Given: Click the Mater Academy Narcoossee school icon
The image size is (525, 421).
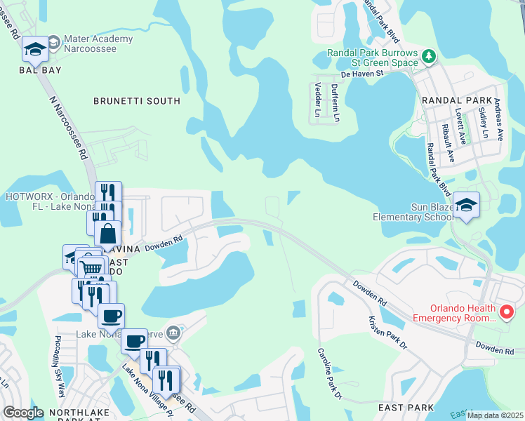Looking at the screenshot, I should click(35, 49).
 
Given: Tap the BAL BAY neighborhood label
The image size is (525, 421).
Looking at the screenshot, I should click(41, 70).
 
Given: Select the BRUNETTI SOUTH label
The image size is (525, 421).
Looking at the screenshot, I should click(137, 101).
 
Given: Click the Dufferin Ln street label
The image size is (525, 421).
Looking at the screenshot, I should click(335, 102).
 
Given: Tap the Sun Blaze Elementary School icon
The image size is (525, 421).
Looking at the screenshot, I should click(466, 205).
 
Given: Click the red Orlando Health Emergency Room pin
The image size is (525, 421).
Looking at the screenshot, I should click(505, 312).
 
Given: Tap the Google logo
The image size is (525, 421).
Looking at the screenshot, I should click(23, 413).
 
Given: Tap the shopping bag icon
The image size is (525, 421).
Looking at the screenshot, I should click(108, 233).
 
